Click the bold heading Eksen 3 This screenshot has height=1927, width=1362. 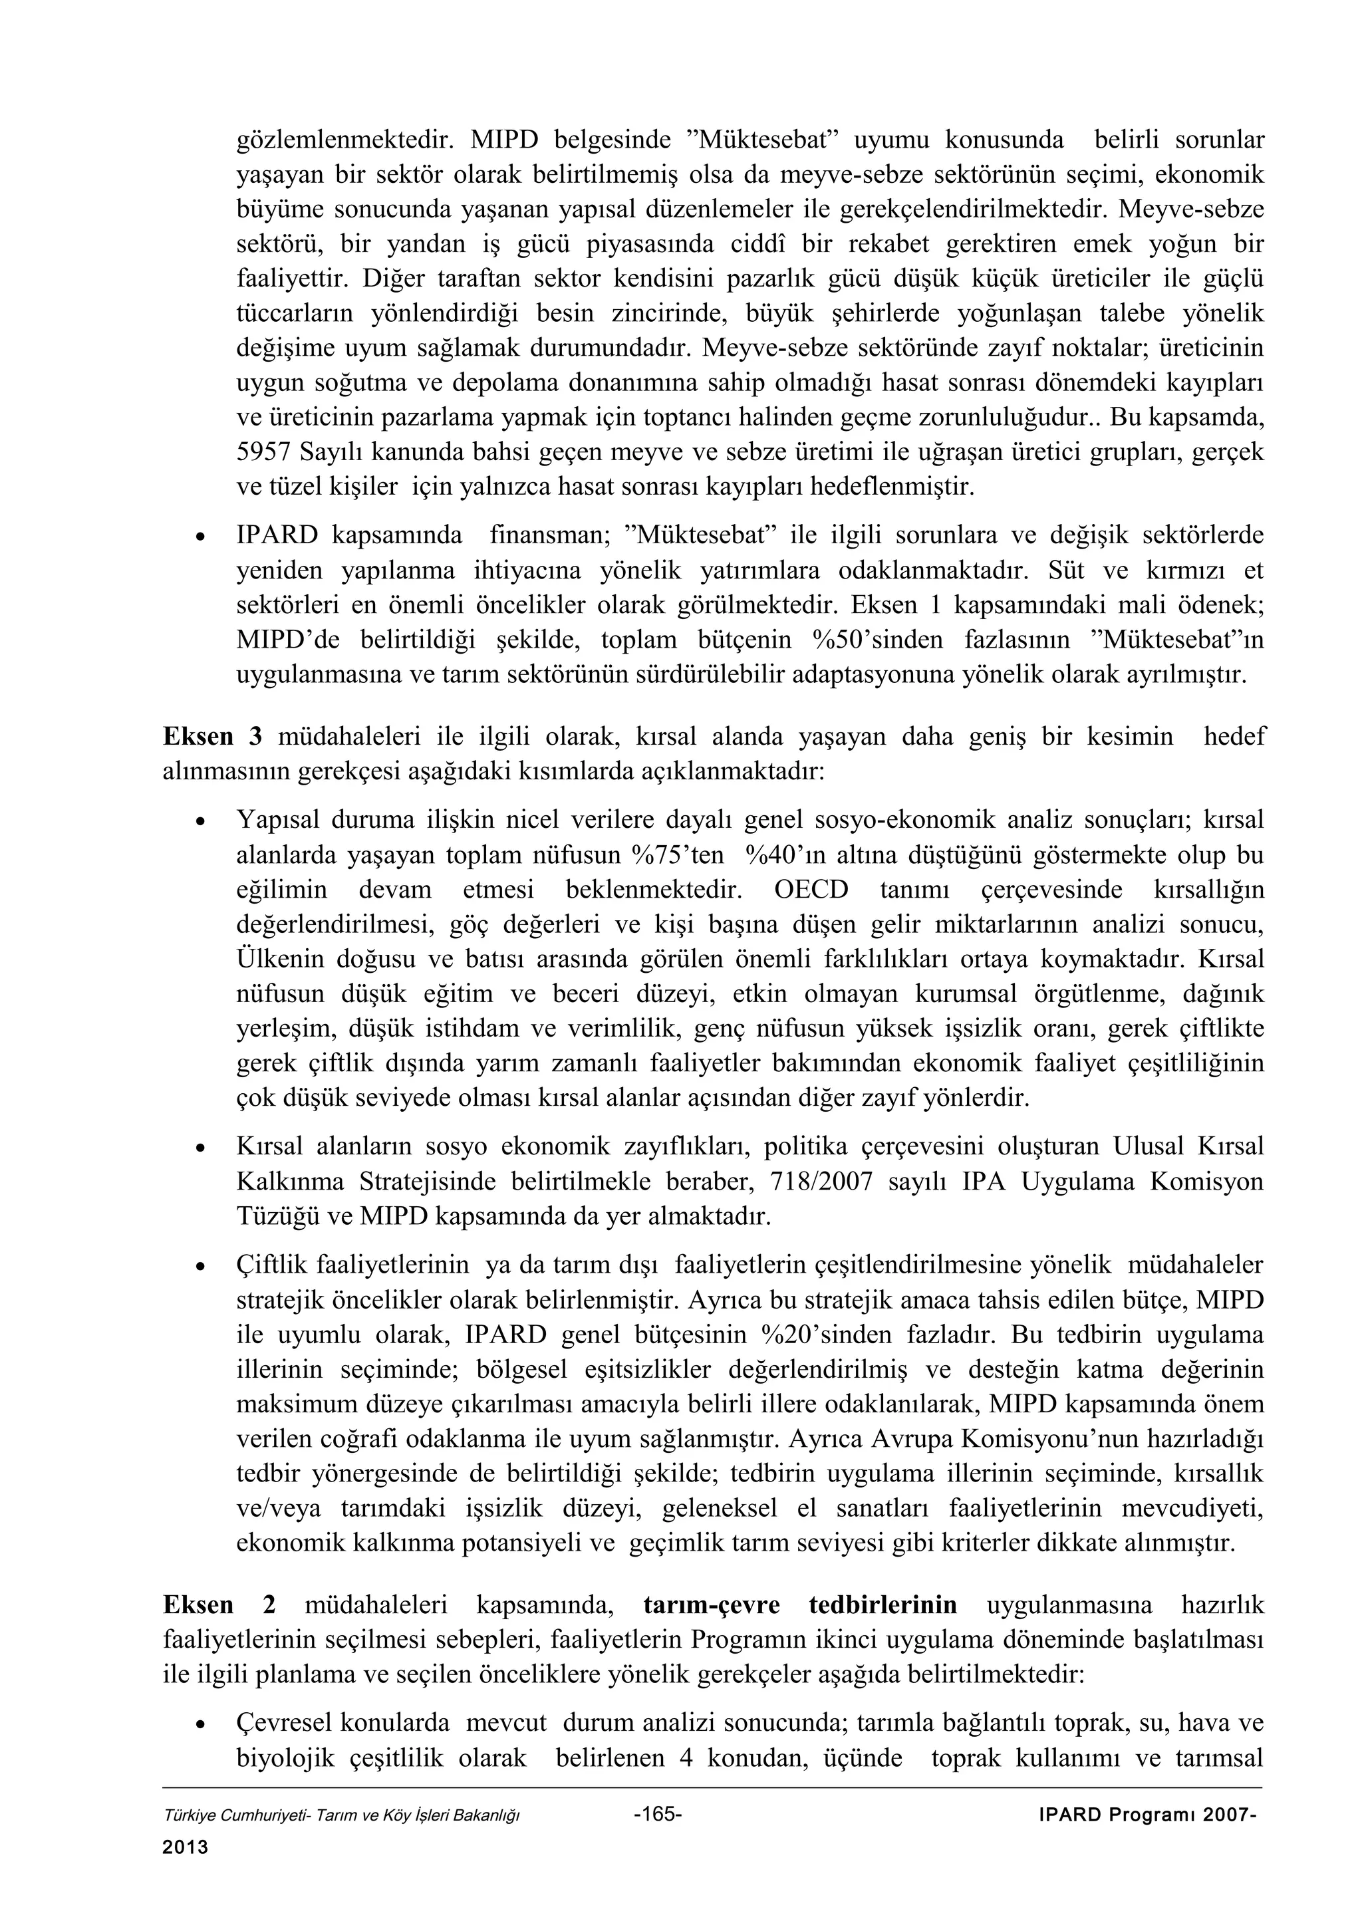[212, 737]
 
